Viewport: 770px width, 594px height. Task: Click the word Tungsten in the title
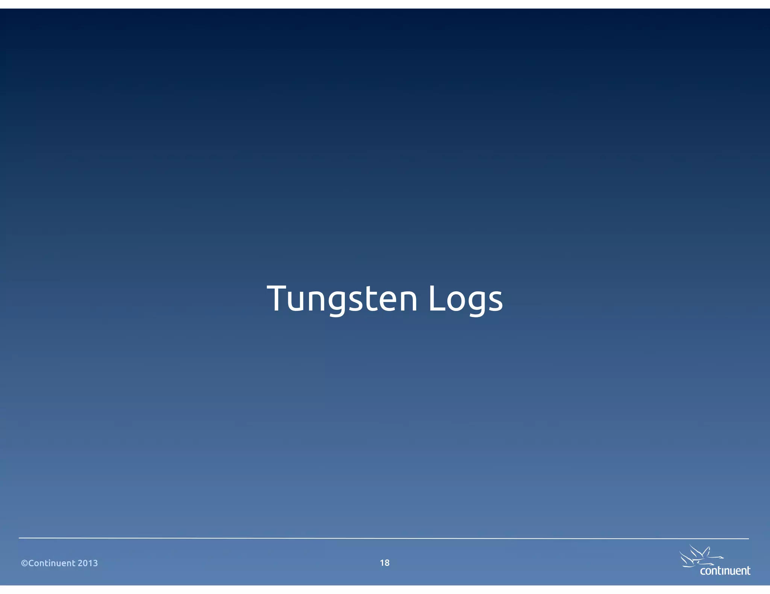point(342,299)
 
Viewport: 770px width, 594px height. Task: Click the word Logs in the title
point(465,299)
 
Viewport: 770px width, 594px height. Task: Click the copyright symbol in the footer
point(24,563)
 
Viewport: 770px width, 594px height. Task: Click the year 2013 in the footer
point(88,563)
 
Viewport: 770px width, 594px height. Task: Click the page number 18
point(385,562)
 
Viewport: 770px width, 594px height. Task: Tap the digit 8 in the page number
point(387,562)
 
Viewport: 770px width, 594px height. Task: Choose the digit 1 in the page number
point(382,562)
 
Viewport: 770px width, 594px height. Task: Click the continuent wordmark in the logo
point(725,571)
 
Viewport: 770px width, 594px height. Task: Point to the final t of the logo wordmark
point(748,571)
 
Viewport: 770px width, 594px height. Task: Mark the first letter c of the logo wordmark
point(702,572)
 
